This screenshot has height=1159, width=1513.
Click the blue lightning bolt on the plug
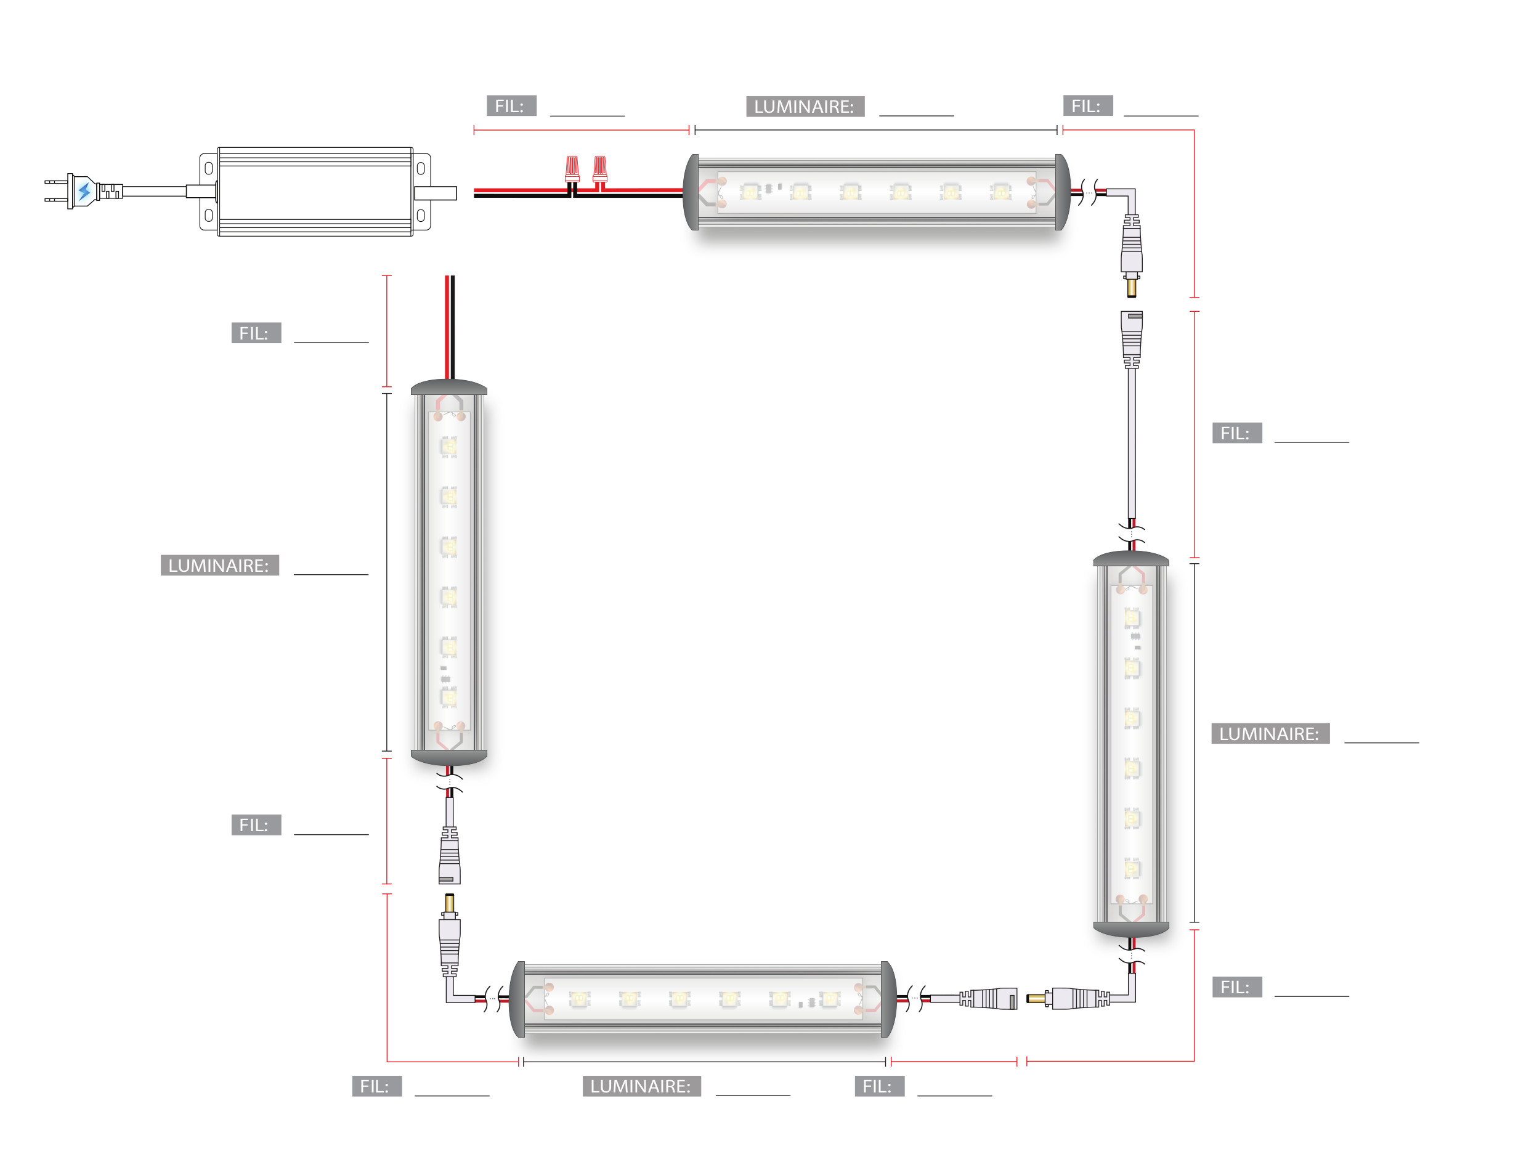(84, 190)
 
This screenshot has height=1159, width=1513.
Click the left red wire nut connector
(572, 168)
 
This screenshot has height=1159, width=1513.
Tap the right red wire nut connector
(600, 168)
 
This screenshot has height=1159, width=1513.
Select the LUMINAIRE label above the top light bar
(805, 106)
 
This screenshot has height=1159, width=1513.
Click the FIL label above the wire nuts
(511, 105)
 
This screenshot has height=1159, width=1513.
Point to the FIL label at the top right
(1087, 105)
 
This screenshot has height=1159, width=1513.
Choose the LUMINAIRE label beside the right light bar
(1270, 733)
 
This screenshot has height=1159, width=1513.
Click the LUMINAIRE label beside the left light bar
(219, 565)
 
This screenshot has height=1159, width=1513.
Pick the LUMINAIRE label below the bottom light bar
(641, 1086)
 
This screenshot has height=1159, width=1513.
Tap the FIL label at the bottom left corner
(376, 1086)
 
